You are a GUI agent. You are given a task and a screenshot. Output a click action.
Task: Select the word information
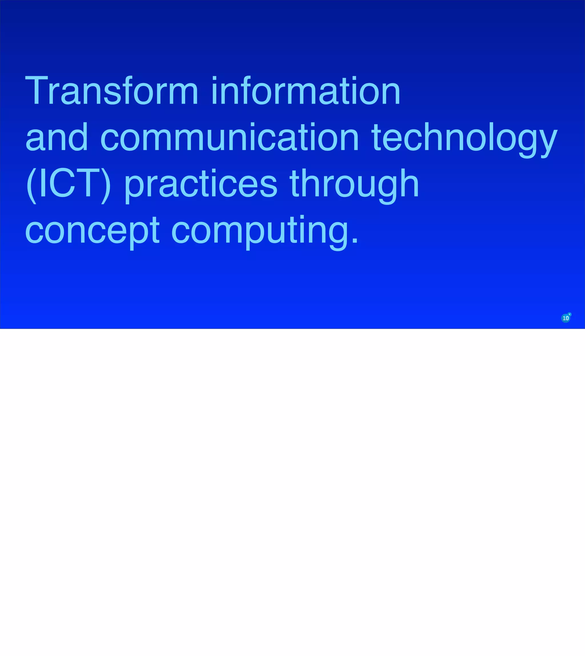[306, 90]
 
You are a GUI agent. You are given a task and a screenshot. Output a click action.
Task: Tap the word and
[57, 137]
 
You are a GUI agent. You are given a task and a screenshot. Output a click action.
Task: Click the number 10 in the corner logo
[565, 318]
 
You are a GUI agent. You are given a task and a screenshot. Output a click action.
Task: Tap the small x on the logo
[570, 314]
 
